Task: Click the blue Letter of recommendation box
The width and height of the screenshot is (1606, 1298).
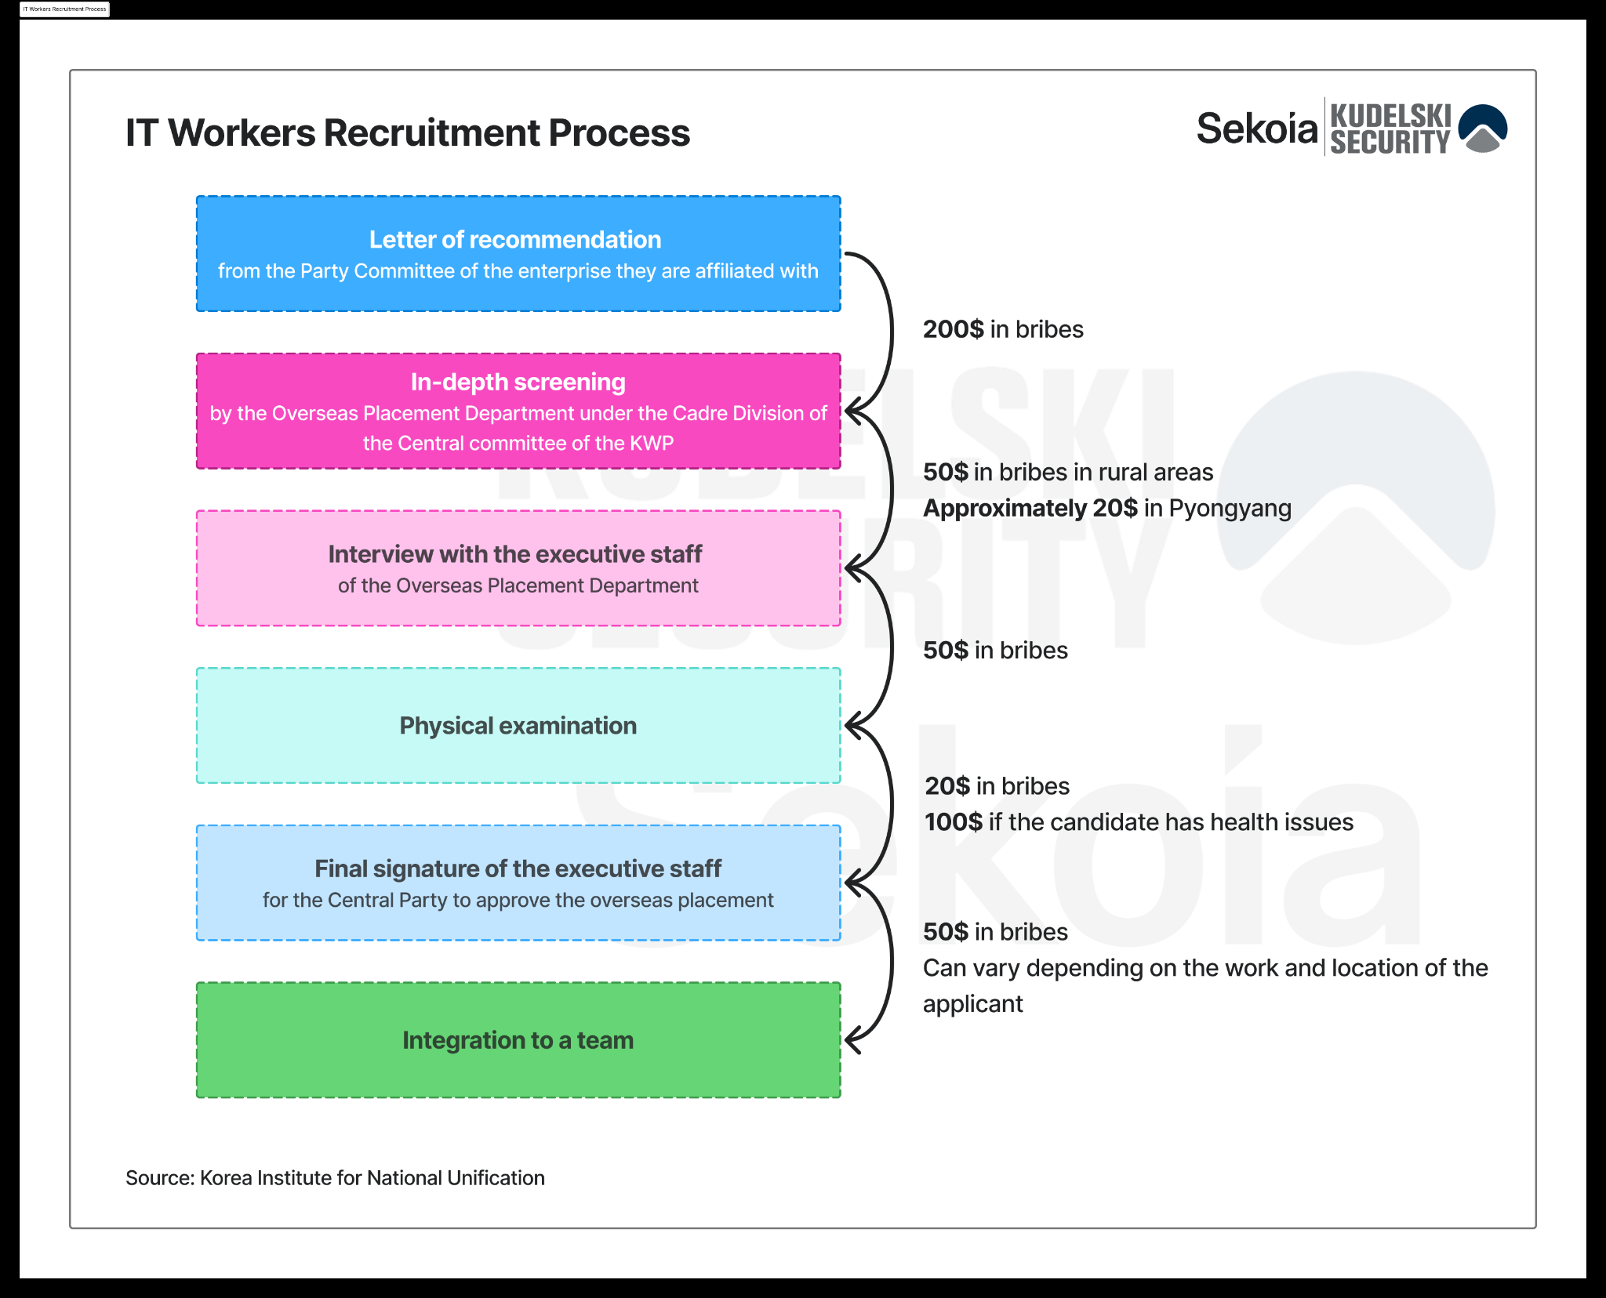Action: (518, 254)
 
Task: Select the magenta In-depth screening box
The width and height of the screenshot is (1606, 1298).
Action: (518, 411)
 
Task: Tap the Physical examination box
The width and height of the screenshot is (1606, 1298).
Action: (518, 726)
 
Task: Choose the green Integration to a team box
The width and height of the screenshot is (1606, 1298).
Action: (518, 1040)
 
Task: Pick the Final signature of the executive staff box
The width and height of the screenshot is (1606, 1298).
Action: (518, 883)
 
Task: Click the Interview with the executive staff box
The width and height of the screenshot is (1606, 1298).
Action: (518, 568)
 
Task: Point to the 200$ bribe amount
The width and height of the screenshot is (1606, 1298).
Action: (953, 329)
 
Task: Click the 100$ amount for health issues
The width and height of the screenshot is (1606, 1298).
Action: (954, 822)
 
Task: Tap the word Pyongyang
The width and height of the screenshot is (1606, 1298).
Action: (1230, 509)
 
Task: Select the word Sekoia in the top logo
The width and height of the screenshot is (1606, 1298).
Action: (1256, 129)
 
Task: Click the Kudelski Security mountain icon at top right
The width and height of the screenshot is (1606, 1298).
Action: (1483, 128)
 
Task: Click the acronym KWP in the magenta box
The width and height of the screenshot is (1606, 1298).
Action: (653, 444)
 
